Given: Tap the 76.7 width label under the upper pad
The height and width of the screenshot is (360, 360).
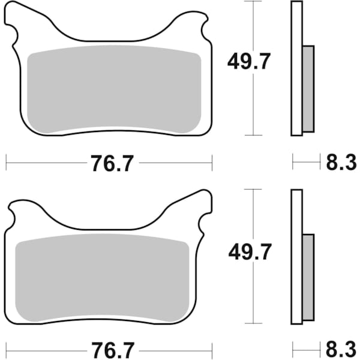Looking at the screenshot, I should coord(109,163).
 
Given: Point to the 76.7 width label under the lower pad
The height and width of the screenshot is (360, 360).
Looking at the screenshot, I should coord(109,349).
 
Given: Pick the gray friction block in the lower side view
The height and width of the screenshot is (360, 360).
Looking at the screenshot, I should coord(307,277).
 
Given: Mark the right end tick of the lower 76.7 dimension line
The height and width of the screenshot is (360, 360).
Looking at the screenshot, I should coord(212,348).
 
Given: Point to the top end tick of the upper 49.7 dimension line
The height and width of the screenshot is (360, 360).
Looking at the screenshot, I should coord(254,2).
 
